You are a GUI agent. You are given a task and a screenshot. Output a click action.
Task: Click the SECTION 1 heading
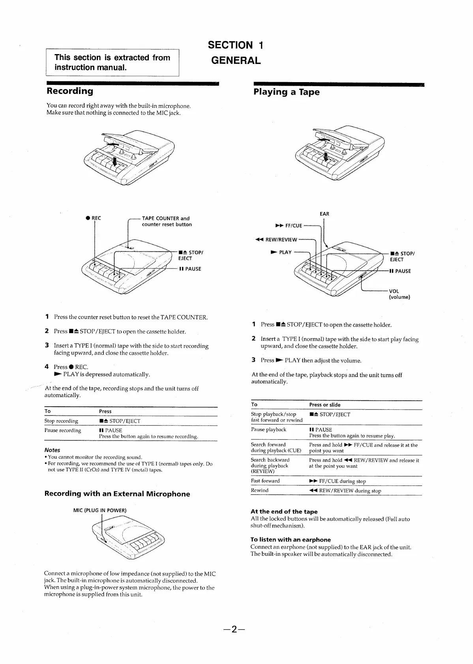click(235, 45)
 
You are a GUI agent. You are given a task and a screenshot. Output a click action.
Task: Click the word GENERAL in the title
click(236, 60)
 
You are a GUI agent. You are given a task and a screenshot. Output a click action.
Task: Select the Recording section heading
click(70, 91)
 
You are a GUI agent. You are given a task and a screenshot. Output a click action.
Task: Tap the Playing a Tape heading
click(286, 92)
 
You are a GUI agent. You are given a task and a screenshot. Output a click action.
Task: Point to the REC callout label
click(94, 218)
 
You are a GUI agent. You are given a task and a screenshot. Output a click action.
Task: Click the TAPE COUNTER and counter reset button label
click(166, 221)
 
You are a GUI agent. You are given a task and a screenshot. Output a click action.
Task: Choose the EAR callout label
click(324, 214)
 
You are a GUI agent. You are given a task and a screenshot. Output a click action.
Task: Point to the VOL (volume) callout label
click(399, 294)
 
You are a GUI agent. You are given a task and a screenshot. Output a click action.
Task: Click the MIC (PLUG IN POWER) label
click(100, 510)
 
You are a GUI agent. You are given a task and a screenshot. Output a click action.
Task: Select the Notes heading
click(52, 450)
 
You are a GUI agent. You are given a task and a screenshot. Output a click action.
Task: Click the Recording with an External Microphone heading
click(117, 494)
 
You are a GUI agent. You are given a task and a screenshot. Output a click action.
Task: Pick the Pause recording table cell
click(63, 430)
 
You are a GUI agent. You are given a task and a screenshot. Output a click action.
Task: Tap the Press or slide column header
click(325, 405)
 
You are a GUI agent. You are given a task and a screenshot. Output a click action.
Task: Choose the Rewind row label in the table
click(260, 490)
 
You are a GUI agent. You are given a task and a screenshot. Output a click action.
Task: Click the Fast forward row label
click(265, 481)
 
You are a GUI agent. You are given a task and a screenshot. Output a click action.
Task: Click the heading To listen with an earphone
click(291, 540)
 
